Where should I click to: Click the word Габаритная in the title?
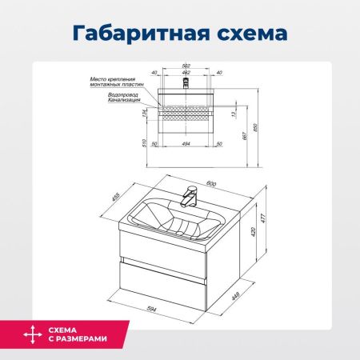tap(126, 34)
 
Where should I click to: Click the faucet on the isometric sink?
tap(190, 194)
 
